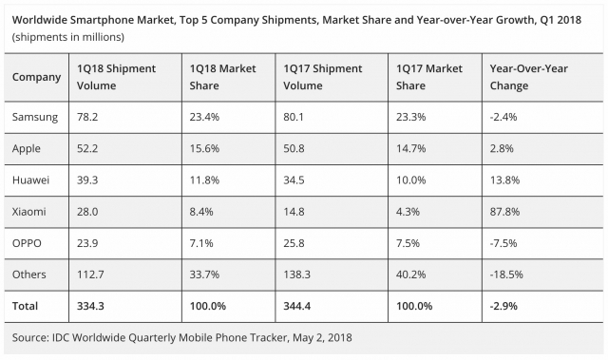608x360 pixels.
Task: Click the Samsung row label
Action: coord(35,117)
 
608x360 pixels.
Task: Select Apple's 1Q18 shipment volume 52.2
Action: coord(87,148)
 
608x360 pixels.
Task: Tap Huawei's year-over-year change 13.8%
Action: coord(504,180)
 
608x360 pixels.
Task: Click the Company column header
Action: coord(37,76)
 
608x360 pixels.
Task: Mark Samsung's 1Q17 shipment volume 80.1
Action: coord(295,117)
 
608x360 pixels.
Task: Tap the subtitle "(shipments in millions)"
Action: coord(68,36)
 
